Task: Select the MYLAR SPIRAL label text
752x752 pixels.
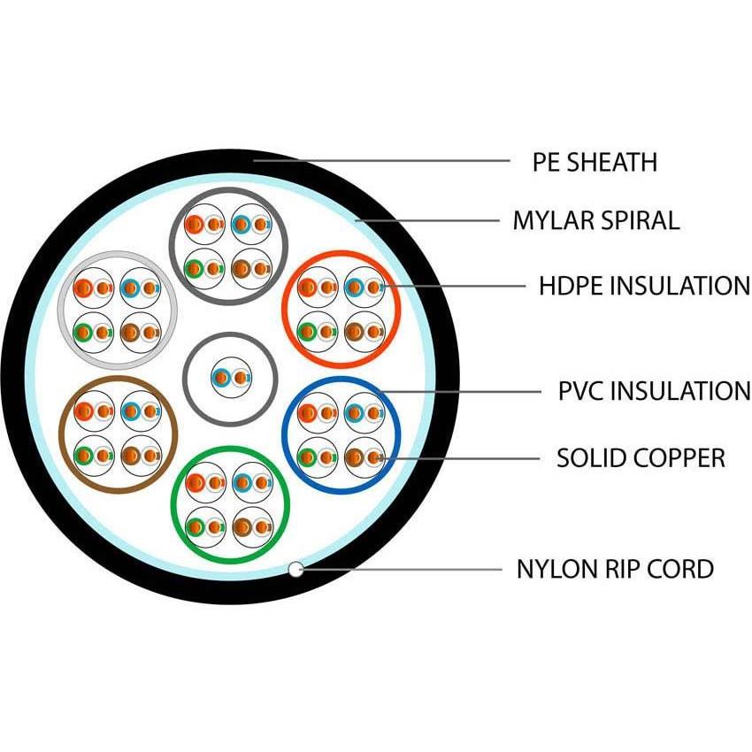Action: tap(596, 220)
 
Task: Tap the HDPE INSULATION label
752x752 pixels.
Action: tap(644, 286)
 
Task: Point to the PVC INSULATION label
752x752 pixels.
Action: tap(654, 390)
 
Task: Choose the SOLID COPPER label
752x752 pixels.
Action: tap(641, 458)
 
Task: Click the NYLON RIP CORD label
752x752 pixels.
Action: tap(615, 569)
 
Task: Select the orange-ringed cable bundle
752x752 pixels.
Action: tap(341, 309)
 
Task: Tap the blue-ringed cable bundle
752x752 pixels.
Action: tap(341, 434)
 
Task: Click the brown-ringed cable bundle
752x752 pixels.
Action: tap(118, 434)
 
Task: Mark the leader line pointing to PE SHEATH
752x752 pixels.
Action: tap(380, 161)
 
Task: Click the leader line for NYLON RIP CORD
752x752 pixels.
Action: tap(398, 569)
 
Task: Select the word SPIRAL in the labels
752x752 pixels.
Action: tap(636, 220)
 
